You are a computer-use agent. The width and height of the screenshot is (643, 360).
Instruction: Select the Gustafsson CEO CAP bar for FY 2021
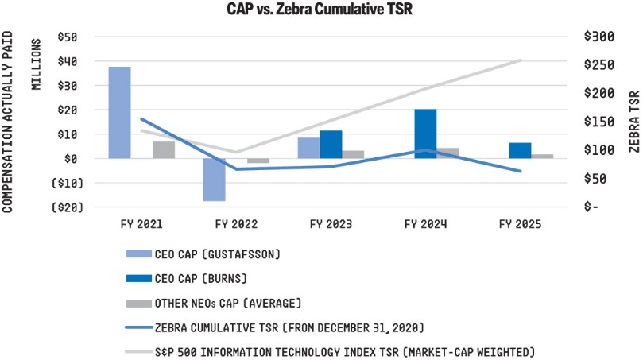coord(119,112)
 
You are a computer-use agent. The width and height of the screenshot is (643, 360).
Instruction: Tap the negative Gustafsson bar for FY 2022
coord(214,180)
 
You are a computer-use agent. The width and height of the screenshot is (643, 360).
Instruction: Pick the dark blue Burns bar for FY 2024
coord(425,134)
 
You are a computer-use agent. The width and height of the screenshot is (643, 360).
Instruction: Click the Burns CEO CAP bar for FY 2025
coord(520,150)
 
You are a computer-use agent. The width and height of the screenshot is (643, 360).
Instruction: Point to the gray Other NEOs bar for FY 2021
coord(163,149)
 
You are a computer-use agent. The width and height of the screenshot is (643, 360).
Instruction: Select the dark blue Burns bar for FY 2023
coord(331,144)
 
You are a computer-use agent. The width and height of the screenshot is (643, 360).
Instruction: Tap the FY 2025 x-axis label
coord(520,224)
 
